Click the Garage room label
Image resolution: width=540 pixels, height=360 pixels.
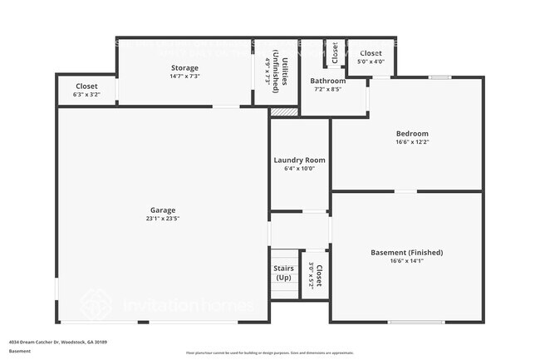(163, 210)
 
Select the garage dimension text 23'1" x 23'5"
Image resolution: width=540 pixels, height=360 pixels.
(163, 219)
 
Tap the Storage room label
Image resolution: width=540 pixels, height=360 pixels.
(184, 67)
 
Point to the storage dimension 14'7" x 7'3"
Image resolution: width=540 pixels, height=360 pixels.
(184, 76)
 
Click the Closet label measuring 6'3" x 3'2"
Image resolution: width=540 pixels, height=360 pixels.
(86, 86)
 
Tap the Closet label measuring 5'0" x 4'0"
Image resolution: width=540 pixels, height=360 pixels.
(371, 53)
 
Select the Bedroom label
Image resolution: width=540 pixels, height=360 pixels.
(412, 133)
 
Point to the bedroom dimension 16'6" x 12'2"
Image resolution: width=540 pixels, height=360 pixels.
(412, 142)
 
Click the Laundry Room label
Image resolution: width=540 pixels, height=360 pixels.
(299, 160)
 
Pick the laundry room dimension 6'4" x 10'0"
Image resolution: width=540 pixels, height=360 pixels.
(299, 169)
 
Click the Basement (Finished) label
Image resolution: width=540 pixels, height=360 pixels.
(406, 252)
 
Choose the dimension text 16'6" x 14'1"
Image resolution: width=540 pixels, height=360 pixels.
(406, 261)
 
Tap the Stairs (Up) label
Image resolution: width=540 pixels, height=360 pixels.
(283, 272)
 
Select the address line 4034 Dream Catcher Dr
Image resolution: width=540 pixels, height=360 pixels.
(58, 342)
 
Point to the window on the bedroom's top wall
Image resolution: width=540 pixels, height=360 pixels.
(439, 77)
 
